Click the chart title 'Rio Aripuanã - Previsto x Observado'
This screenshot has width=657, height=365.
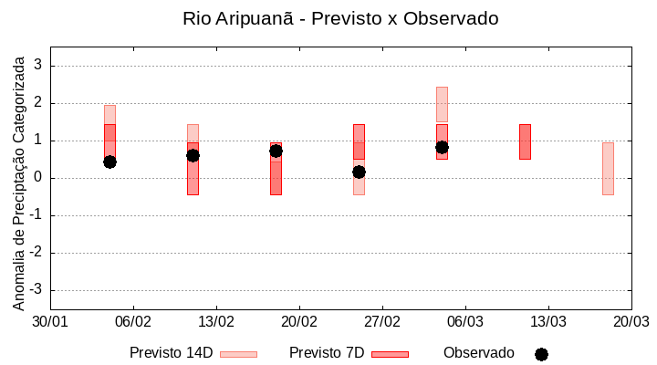pyautogui.click(x=340, y=18)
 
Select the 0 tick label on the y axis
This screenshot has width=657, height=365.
pyautogui.click(x=38, y=178)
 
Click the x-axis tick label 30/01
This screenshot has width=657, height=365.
pyautogui.click(x=50, y=321)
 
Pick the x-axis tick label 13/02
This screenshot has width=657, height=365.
pyautogui.click(x=216, y=321)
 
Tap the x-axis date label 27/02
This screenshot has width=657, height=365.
pyautogui.click(x=382, y=321)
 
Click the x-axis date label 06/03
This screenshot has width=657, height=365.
pyautogui.click(x=465, y=321)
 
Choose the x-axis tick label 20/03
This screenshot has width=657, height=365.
pyautogui.click(x=631, y=321)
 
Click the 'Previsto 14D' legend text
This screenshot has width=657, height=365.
pyautogui.click(x=171, y=353)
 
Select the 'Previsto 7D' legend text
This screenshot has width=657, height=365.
pyautogui.click(x=327, y=353)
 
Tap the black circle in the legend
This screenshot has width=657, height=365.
pyautogui.click(x=541, y=354)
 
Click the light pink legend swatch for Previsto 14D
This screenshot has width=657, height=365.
pyautogui.click(x=238, y=354)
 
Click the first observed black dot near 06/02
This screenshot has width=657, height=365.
pyautogui.click(x=109, y=162)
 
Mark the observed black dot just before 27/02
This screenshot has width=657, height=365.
pyautogui.click(x=359, y=172)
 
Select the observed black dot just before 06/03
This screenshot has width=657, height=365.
pyautogui.click(x=442, y=147)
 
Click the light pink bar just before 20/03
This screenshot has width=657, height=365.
pyautogui.click(x=608, y=169)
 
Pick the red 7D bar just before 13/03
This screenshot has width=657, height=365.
pyautogui.click(x=525, y=141)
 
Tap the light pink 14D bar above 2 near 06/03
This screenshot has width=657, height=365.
pyautogui.click(x=442, y=104)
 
